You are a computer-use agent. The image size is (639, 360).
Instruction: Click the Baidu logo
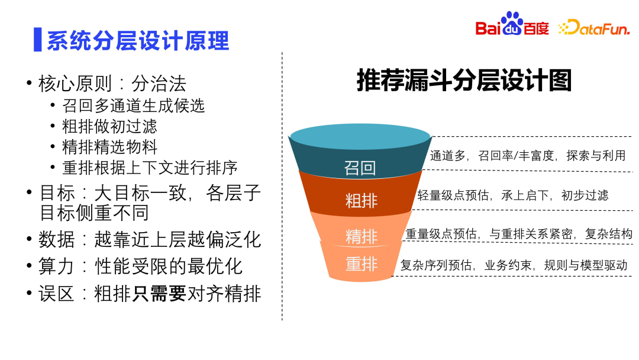click(x=512, y=25)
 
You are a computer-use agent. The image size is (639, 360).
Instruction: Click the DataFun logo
click(x=594, y=27)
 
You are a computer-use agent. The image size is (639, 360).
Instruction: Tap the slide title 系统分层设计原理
click(x=137, y=40)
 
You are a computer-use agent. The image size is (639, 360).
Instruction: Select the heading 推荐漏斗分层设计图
click(x=464, y=81)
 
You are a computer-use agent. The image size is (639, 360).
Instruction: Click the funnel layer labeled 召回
click(x=360, y=168)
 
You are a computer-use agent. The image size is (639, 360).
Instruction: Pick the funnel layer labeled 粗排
click(x=361, y=200)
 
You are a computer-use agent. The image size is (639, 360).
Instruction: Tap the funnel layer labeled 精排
click(x=361, y=236)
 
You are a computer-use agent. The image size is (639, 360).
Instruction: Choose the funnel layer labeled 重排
click(x=361, y=263)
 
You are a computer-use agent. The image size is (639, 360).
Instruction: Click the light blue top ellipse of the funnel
click(x=360, y=137)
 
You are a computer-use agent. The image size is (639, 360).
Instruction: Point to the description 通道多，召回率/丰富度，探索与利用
click(x=527, y=156)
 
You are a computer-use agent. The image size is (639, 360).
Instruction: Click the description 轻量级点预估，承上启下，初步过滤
click(x=512, y=195)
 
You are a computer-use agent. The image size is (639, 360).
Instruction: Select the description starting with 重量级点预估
click(x=518, y=234)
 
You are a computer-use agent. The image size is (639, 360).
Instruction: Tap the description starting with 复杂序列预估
click(x=514, y=265)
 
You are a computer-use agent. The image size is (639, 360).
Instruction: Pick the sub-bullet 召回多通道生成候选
click(x=133, y=105)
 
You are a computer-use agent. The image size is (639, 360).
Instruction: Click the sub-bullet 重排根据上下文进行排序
click(x=150, y=167)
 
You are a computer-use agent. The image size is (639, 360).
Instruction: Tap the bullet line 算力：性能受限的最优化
click(x=140, y=266)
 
